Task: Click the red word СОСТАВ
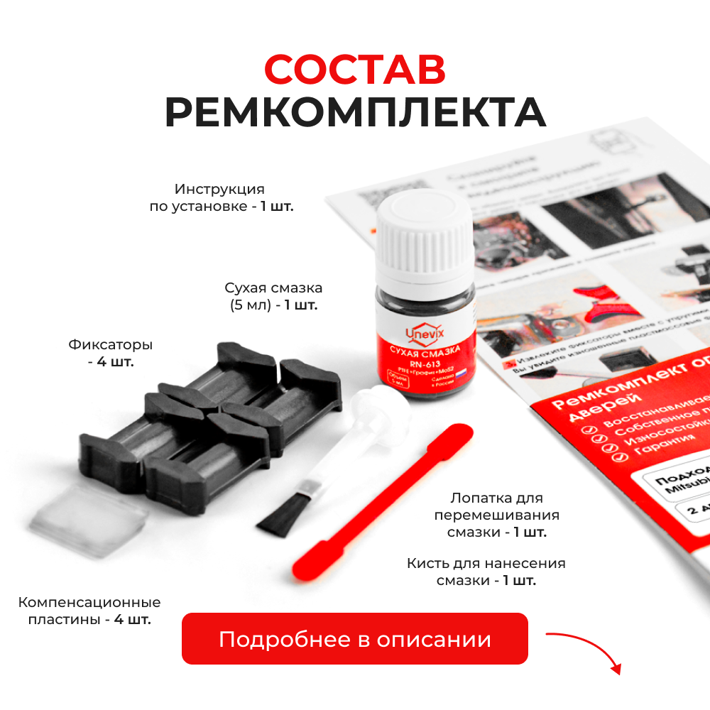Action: point(355,69)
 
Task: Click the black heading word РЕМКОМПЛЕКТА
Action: point(355,111)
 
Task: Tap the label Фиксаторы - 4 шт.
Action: point(111,353)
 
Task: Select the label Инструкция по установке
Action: point(221,198)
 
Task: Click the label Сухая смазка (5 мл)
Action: point(273,297)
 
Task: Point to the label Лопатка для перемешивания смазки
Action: point(505,515)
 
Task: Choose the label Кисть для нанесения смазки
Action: point(486,572)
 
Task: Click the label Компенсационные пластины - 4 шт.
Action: point(89,611)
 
